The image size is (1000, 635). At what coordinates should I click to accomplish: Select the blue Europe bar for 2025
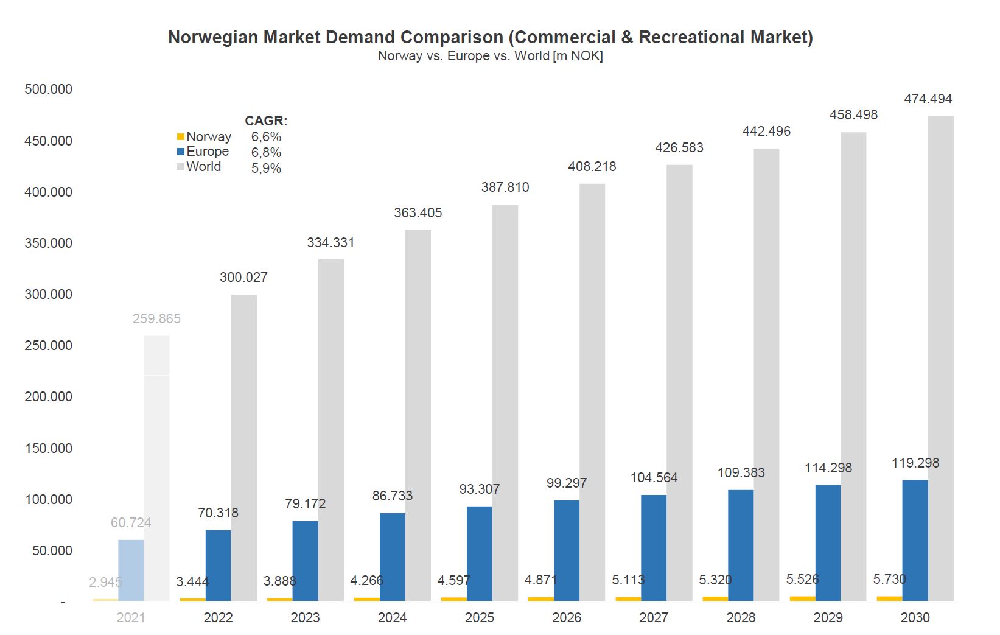pyautogui.click(x=479, y=553)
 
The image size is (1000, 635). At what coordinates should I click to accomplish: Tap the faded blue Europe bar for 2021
pyautogui.click(x=131, y=570)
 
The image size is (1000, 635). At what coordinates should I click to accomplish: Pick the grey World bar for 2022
pyautogui.click(x=243, y=447)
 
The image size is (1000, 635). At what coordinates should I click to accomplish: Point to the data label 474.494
pyautogui.click(x=928, y=99)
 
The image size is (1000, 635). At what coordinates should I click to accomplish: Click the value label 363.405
pyautogui.click(x=418, y=212)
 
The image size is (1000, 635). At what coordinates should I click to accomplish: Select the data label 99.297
pyautogui.click(x=566, y=483)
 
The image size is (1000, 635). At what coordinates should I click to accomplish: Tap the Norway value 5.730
pyautogui.click(x=889, y=579)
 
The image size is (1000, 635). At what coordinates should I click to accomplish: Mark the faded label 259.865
pyautogui.click(x=156, y=318)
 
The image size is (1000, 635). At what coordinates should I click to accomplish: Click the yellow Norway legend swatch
pyautogui.click(x=181, y=136)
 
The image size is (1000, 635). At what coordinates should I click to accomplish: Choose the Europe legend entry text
pyautogui.click(x=208, y=152)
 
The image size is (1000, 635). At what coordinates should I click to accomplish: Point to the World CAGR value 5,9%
pyautogui.click(x=266, y=168)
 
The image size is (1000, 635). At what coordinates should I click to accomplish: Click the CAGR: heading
pyautogui.click(x=266, y=121)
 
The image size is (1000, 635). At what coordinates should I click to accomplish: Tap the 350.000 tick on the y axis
pyautogui.click(x=48, y=243)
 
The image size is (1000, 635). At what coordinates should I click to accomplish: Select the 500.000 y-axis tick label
pyautogui.click(x=48, y=89)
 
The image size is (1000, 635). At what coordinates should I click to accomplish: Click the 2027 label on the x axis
pyautogui.click(x=654, y=617)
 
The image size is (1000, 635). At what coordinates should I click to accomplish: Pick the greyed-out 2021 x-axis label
pyautogui.click(x=131, y=617)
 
